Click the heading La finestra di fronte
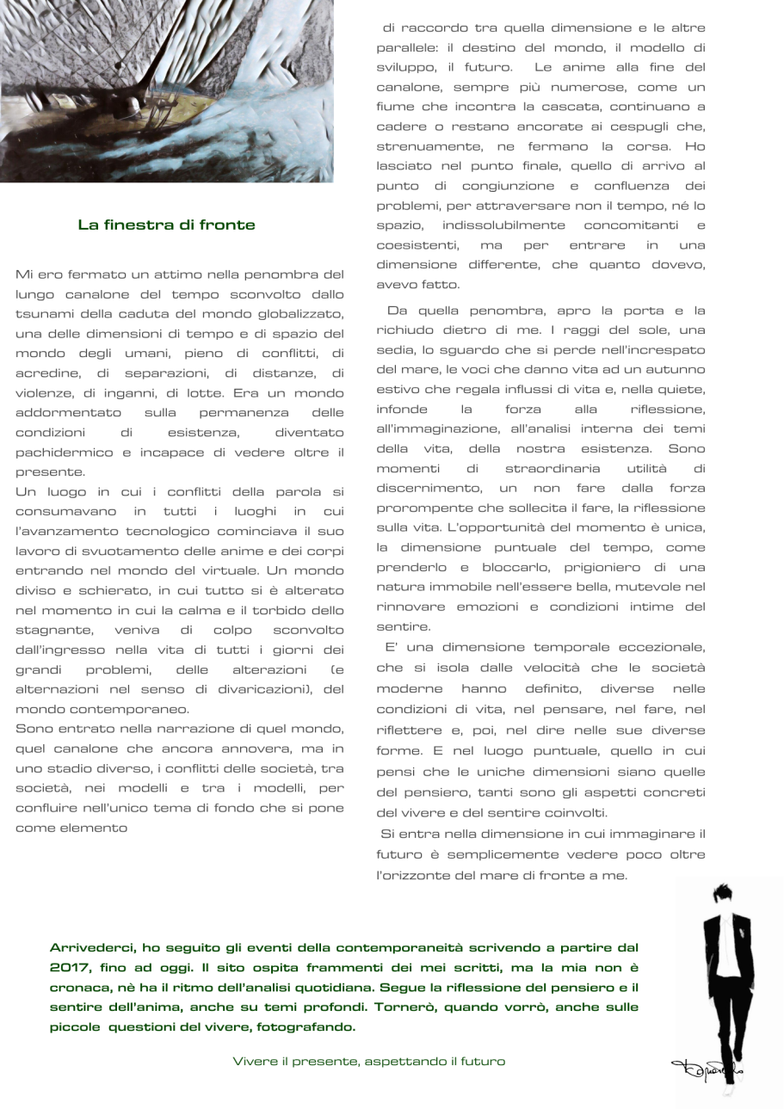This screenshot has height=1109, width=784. (166, 225)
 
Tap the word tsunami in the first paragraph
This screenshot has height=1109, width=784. (45, 313)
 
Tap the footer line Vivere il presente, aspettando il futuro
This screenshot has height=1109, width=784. (369, 1062)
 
